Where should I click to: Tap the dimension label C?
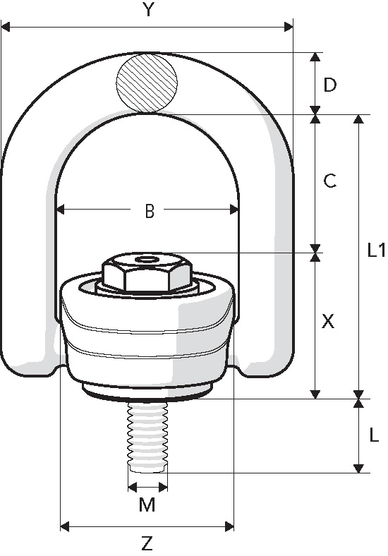(x=329, y=181)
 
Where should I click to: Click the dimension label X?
(x=328, y=322)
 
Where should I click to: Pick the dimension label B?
(x=149, y=211)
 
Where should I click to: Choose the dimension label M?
(x=147, y=505)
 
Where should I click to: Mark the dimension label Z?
(x=147, y=543)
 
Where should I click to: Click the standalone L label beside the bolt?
(x=374, y=435)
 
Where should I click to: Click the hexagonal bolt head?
(x=147, y=273)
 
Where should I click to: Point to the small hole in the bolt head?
(x=147, y=260)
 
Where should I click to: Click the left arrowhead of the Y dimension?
(x=6, y=28)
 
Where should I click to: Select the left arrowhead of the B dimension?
(x=61, y=209)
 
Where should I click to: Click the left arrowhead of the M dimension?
(x=131, y=487)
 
